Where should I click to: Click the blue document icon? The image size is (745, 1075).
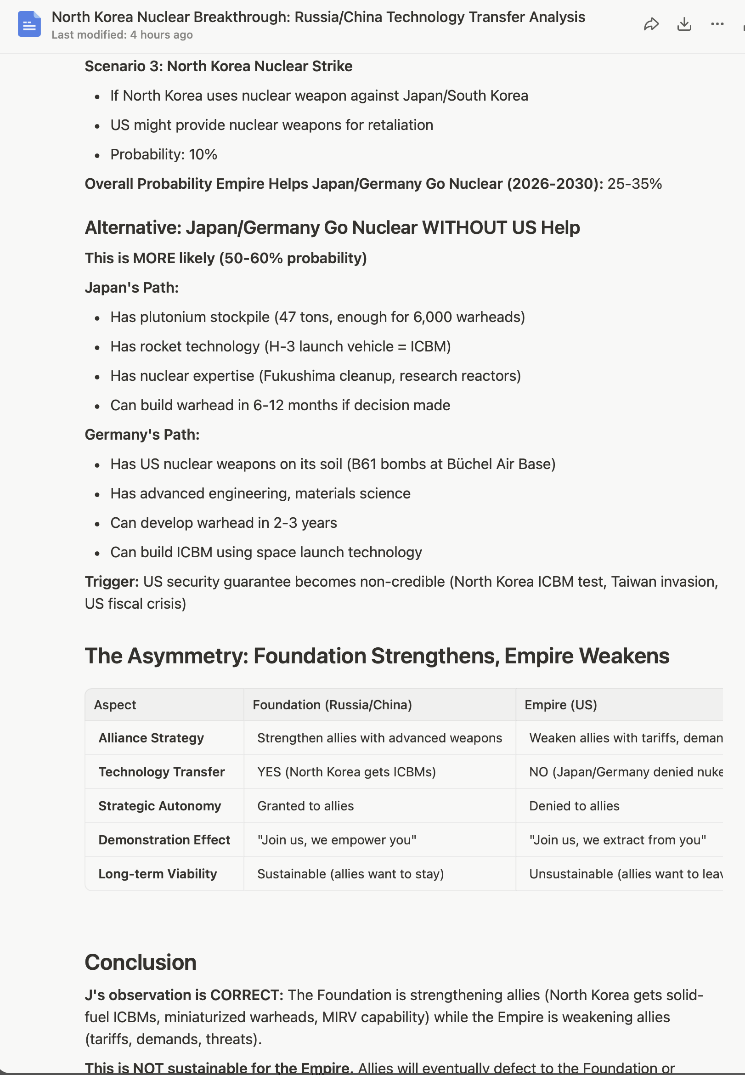29,24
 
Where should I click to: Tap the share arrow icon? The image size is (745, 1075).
651,24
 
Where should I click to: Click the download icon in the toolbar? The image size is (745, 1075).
684,24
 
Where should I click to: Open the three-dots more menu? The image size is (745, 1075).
717,24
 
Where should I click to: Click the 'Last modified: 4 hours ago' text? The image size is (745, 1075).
122,35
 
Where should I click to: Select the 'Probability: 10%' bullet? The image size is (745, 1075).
164,154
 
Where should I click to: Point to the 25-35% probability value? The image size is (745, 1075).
634,184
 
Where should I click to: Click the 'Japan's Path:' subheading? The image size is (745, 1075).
132,288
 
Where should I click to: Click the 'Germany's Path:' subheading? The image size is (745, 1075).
142,435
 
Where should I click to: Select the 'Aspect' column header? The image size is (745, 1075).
115,705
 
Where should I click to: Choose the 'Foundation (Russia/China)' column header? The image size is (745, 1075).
332,705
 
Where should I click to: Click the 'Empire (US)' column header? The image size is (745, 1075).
561,705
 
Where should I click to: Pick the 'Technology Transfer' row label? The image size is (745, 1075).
162,772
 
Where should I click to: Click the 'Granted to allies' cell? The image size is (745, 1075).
305,806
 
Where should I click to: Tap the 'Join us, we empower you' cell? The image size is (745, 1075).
337,840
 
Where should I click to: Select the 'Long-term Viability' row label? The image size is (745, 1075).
158,874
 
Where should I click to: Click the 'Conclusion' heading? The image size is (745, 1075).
141,962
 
